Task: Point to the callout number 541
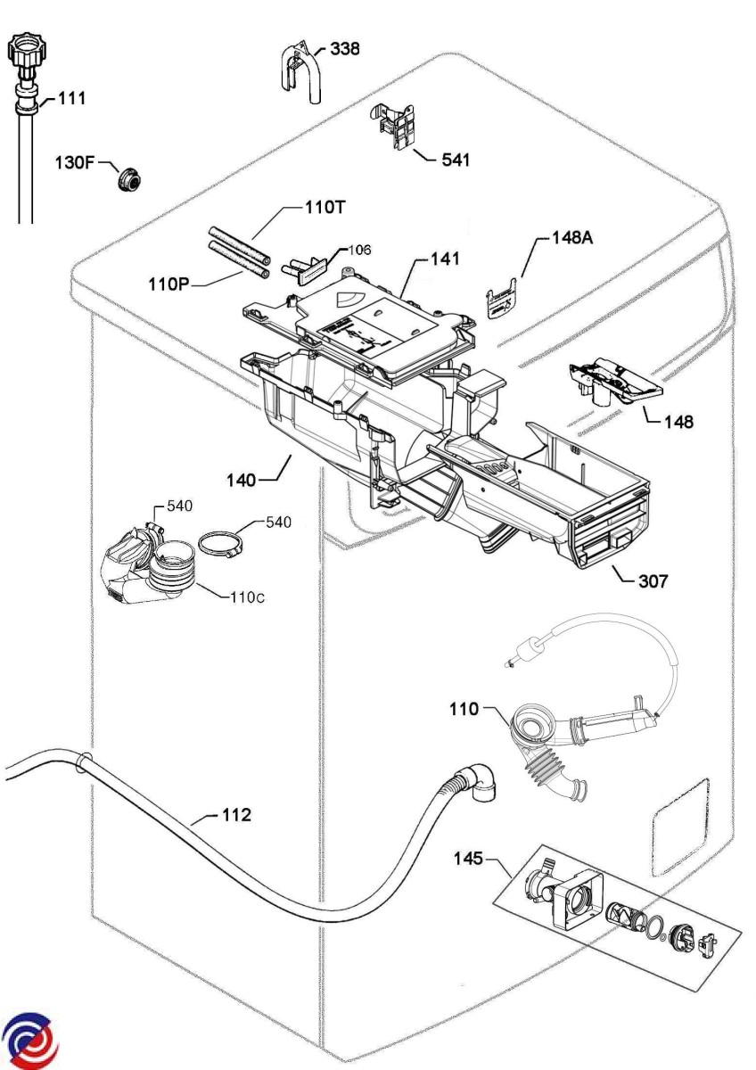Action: point(455,160)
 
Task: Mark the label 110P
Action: point(169,284)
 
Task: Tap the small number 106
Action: point(359,250)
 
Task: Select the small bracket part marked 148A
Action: point(502,299)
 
